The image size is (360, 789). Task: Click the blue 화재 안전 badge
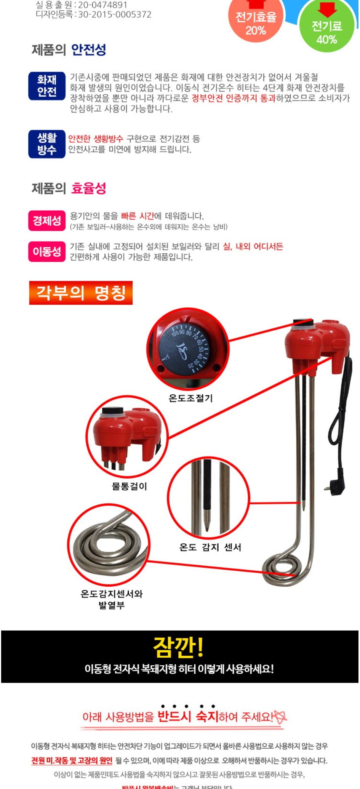[x=47, y=86]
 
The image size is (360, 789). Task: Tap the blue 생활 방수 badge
[x=47, y=144]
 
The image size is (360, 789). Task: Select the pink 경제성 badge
[x=47, y=221]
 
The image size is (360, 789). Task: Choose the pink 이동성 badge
[x=47, y=251]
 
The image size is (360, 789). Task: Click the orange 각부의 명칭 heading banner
[x=81, y=293]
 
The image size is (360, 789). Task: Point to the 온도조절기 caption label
[x=190, y=398]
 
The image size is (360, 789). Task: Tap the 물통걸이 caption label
[x=129, y=486]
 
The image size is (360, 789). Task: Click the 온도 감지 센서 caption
[x=210, y=547]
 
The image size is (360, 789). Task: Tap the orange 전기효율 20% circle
[x=256, y=21]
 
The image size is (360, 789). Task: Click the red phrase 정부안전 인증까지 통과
[x=233, y=98]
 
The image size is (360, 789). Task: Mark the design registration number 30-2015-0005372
[x=115, y=14]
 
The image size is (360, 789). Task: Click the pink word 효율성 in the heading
[x=89, y=188]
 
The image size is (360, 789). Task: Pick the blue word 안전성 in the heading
[x=89, y=50]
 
